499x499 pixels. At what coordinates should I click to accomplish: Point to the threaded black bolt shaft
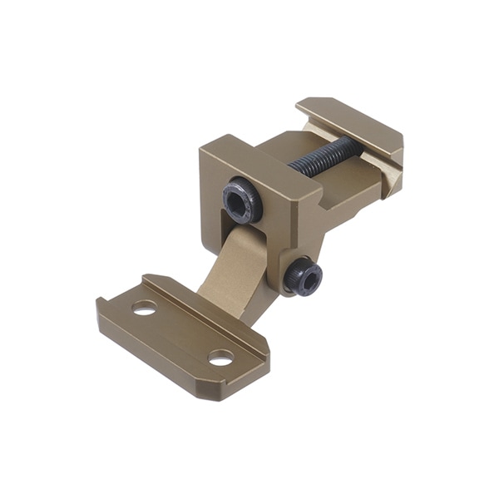click(x=324, y=156)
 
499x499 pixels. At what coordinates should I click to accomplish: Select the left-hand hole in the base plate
click(x=144, y=307)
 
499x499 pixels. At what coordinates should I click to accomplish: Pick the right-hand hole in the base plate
click(x=220, y=358)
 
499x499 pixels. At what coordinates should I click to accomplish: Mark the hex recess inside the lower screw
click(x=306, y=280)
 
